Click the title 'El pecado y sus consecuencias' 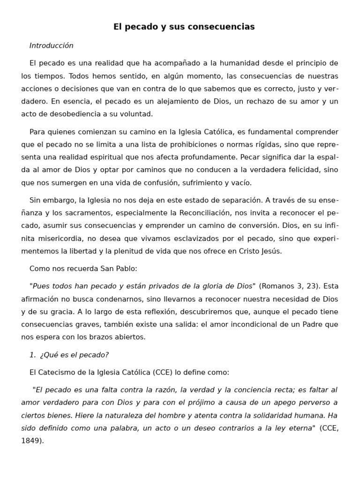coord(184,27)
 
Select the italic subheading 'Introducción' coord(51,45)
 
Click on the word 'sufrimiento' coord(204,182)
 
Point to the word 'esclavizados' coord(169,238)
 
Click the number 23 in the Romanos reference coord(310,286)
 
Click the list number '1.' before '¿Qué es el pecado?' coord(32,355)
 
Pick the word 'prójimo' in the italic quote coord(200,403)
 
